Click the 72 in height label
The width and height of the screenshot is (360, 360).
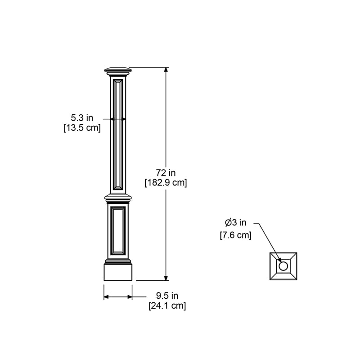[x=166, y=173]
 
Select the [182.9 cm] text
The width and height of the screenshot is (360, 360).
[x=166, y=183]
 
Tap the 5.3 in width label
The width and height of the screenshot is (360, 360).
[x=82, y=118]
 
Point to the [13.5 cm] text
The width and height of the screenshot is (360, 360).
[x=82, y=128]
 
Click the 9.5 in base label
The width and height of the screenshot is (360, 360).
[x=167, y=296]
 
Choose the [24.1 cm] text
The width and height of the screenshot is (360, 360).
[x=167, y=306]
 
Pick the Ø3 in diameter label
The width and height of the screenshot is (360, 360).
[x=235, y=222]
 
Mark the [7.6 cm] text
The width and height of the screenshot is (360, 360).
[x=235, y=235]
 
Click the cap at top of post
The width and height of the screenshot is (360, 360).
[x=118, y=71]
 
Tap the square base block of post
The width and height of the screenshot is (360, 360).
[x=118, y=272]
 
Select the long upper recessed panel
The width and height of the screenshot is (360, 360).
[x=118, y=134]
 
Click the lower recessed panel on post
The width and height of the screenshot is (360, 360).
[x=118, y=230]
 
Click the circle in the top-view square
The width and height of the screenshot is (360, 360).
[x=283, y=266]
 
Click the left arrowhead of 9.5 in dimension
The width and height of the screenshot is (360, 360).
[x=106, y=297]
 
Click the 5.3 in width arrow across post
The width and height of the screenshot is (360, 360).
[x=118, y=119]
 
